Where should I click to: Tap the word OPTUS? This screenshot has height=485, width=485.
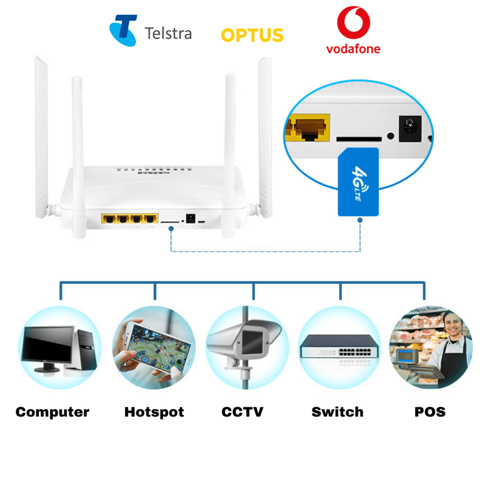[252, 35]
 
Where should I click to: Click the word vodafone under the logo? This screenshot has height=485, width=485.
[353, 48]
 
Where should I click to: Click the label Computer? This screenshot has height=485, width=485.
[52, 412]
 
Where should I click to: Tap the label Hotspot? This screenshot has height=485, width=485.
[154, 412]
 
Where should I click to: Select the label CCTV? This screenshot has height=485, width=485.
[242, 412]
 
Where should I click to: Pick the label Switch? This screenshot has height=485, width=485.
[337, 412]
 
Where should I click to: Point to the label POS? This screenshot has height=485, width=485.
[430, 412]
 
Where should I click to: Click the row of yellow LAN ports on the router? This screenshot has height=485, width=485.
[128, 218]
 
